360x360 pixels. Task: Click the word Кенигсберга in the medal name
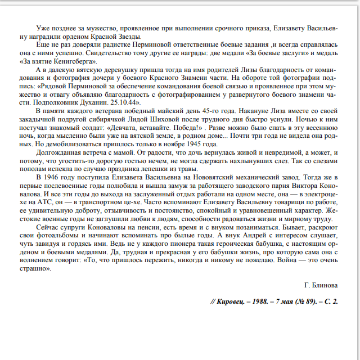coord(78,61)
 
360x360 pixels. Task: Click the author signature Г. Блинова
coord(320,285)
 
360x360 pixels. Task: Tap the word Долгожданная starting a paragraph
coord(58,152)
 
